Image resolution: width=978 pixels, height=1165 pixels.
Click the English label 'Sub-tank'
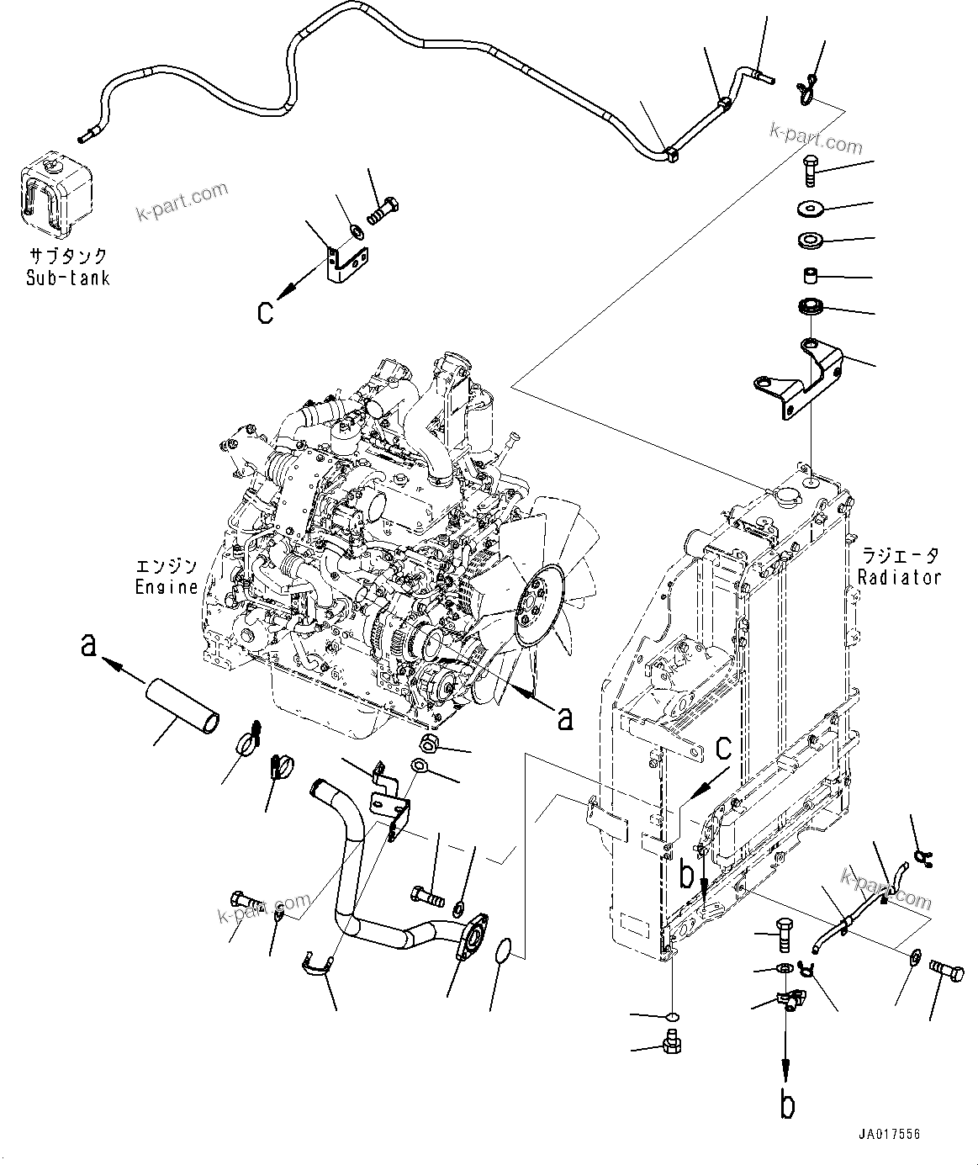pos(67,278)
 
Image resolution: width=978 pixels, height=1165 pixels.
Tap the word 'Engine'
pos(166,587)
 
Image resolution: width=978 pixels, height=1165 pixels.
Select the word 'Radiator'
pos(899,578)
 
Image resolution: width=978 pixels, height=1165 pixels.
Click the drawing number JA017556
pos(890,1134)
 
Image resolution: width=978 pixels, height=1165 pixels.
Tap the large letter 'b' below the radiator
pos(787,1105)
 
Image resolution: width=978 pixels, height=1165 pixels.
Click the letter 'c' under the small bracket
pos(266,312)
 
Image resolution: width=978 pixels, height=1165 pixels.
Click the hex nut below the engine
pos(428,743)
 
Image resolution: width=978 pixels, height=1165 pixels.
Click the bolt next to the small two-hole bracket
pos(384,205)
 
